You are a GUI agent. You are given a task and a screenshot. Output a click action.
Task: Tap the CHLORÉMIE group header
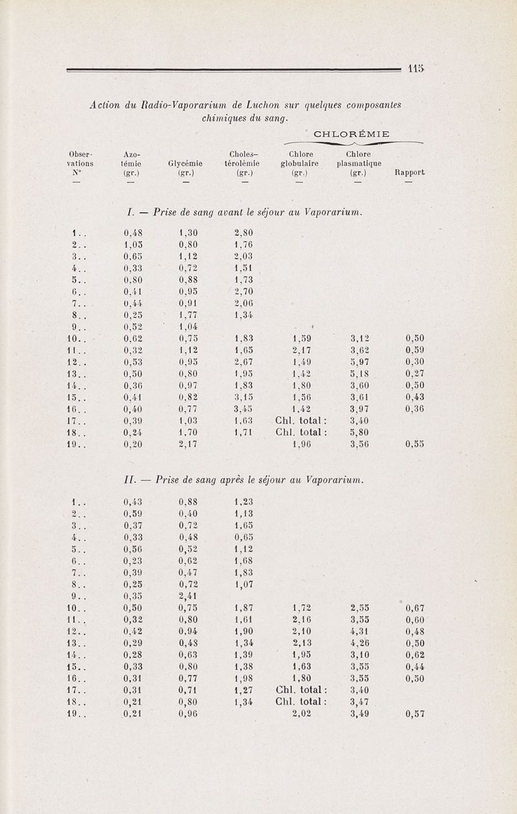pyautogui.click(x=351, y=134)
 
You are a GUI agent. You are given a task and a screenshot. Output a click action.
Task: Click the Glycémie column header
pyautogui.click(x=185, y=164)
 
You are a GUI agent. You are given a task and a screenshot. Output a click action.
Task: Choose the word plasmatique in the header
pyautogui.click(x=359, y=164)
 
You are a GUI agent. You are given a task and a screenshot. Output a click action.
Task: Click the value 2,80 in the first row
pyautogui.click(x=243, y=232)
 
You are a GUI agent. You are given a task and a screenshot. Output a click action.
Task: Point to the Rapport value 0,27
pyautogui.click(x=415, y=373)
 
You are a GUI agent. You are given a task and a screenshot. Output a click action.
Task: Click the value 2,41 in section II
pyautogui.click(x=188, y=595)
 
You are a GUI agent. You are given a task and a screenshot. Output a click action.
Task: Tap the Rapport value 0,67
pyautogui.click(x=415, y=608)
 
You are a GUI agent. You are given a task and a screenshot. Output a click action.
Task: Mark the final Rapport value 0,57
pyautogui.click(x=415, y=714)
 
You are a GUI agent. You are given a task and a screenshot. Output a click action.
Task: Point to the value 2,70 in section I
pyautogui.click(x=243, y=291)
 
